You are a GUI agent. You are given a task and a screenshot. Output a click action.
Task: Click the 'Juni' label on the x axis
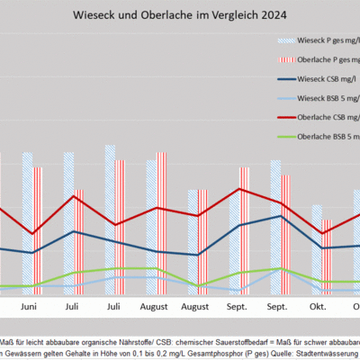coord(29,307)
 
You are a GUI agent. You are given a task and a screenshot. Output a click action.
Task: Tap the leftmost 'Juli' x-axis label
coord(72,307)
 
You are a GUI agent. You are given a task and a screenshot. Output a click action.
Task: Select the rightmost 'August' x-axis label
coord(195,307)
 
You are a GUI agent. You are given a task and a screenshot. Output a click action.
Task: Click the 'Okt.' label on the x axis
coord(318,307)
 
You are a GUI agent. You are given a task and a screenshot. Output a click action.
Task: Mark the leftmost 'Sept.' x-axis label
coord(237,307)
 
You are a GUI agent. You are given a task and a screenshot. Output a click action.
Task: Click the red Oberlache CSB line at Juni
coord(32,234)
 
